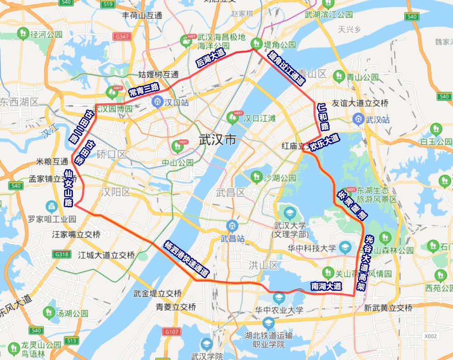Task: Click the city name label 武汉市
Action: pos(217,140)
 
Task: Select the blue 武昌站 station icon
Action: pos(232,225)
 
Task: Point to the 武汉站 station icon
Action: pos(358,120)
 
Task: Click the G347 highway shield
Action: pos(123,36)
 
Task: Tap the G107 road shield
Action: pos(172,331)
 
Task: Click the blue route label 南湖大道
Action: pos(326,286)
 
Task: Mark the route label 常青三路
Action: pos(144,90)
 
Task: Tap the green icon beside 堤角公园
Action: pos(257,43)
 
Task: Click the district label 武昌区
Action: pos(230,193)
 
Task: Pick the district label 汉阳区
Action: pos(115,192)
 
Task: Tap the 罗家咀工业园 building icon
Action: pos(52,207)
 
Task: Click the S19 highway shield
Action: pos(107,4)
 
